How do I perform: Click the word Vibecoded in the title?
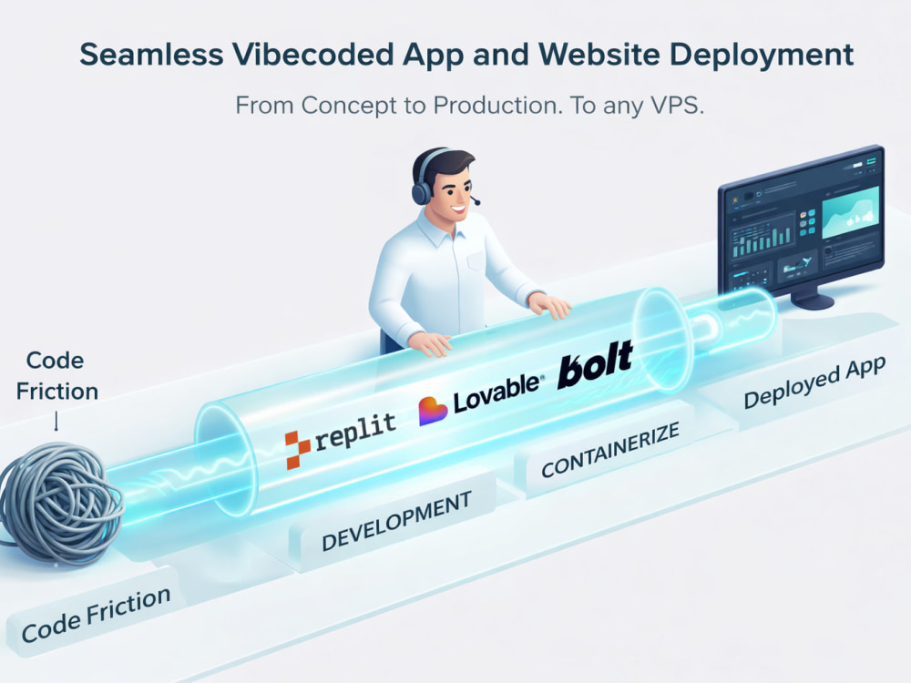[x=313, y=55]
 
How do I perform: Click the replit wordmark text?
[x=355, y=432]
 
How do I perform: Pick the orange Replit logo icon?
[x=298, y=450]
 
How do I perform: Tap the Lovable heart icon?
[x=432, y=411]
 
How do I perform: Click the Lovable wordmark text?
[x=497, y=392]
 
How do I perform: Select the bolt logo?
[x=596, y=364]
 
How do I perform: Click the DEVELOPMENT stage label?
[x=396, y=521]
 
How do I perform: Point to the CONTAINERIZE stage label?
[x=610, y=449]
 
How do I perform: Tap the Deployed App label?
[x=814, y=382]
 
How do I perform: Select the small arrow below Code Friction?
[x=56, y=421]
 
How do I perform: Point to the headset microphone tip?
[x=477, y=202]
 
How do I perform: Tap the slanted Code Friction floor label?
[x=96, y=615]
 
